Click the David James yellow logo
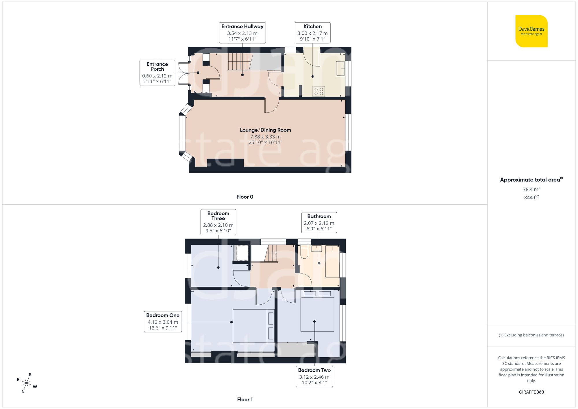531,31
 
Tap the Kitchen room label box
312,33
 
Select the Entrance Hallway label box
242,33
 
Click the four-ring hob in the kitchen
319,92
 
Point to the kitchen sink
341,69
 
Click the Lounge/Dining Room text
265,130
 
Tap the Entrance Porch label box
157,73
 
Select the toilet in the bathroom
304,252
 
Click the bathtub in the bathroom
332,262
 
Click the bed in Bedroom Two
317,311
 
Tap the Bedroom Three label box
218,222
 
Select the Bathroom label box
319,222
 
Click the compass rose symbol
27,384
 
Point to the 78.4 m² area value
531,189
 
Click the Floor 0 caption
244,197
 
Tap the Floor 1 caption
244,399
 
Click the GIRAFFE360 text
531,392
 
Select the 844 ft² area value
531,197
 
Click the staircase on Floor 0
239,62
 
